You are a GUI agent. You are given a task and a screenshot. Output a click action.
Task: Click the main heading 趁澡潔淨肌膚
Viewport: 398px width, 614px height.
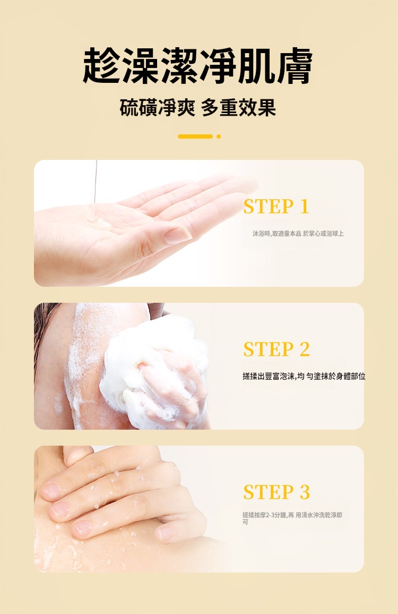click(x=197, y=66)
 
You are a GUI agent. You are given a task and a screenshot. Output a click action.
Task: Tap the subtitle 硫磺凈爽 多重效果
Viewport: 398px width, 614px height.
click(x=198, y=107)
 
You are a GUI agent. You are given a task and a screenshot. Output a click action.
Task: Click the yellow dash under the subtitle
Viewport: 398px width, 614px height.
click(x=195, y=137)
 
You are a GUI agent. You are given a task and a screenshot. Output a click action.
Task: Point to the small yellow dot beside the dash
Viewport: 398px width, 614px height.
click(x=219, y=137)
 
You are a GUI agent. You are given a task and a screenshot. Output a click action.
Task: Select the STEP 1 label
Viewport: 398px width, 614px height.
click(x=276, y=207)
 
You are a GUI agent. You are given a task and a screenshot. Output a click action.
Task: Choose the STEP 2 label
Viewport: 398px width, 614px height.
click(x=276, y=349)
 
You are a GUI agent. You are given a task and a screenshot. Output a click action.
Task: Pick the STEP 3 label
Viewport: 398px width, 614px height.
click(x=276, y=492)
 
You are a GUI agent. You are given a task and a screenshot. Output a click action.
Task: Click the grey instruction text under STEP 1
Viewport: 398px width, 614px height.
click(x=298, y=234)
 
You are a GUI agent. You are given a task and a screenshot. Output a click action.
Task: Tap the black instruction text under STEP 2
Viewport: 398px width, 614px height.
click(x=304, y=376)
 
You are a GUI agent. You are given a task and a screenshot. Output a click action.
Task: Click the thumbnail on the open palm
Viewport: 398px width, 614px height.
click(x=178, y=235)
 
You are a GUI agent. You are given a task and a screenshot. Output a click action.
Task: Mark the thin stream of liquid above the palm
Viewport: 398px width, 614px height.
click(x=95, y=182)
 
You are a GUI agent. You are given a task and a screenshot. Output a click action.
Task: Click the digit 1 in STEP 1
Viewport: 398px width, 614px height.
click(x=305, y=207)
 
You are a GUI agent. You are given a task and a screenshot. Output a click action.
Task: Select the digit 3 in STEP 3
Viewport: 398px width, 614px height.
click(x=305, y=492)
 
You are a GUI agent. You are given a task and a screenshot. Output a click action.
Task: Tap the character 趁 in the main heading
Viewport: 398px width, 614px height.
click(x=101, y=66)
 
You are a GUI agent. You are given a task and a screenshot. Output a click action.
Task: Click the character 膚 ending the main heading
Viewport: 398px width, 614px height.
click(x=293, y=66)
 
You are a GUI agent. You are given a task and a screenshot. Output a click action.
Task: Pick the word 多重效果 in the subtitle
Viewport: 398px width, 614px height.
click(x=239, y=107)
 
